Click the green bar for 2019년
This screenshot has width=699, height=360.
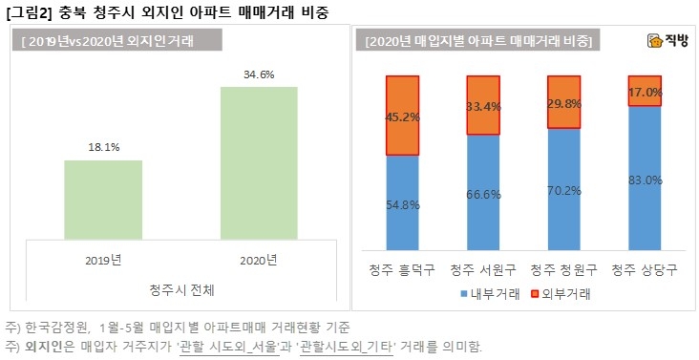[x=103, y=200]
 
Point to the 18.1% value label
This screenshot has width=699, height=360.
[x=103, y=148]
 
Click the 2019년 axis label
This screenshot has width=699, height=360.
[x=103, y=259]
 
